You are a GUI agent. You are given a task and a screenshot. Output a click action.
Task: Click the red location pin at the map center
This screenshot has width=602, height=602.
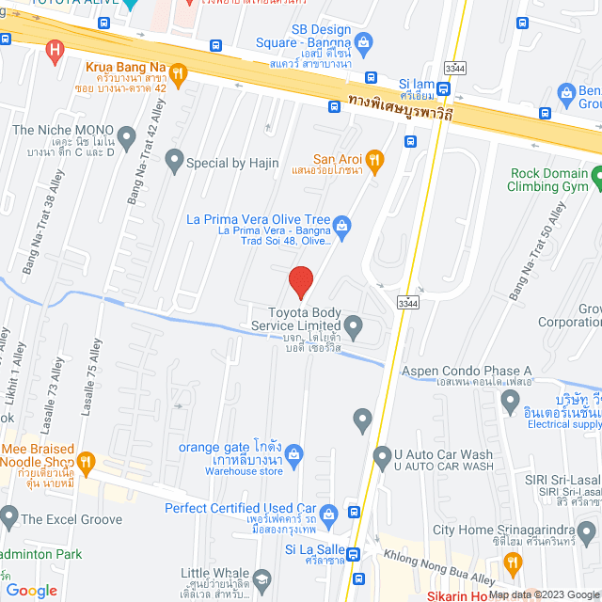pos(300,282)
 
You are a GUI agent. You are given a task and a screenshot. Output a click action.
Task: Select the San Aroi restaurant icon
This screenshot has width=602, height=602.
pos(373,159)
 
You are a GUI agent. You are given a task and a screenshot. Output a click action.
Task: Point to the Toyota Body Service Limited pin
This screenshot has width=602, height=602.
pos(354,327)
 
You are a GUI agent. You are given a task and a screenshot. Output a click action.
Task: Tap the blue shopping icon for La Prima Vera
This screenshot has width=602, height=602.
pos(342,224)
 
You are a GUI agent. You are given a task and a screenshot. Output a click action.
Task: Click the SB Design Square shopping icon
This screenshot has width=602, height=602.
pos(363,41)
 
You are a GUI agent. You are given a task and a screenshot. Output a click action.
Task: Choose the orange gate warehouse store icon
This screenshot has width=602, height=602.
pos(293,453)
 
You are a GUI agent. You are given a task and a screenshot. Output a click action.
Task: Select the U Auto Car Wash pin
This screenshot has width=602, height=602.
pos(381,458)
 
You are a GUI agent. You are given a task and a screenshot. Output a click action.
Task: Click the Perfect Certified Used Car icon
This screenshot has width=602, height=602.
pos(328,514)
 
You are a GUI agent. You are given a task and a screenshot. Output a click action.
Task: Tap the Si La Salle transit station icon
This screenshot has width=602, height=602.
pos(353,554)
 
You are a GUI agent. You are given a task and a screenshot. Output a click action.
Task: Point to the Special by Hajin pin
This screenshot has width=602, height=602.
pos(173,162)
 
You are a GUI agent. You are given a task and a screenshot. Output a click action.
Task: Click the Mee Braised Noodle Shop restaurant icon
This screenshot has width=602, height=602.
pos(87,461)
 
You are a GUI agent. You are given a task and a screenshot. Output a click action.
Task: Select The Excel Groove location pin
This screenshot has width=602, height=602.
pos(8,516)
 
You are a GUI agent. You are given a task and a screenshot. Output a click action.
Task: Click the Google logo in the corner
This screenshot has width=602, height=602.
pos(31,591)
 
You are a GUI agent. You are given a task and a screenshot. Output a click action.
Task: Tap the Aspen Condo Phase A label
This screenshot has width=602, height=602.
pos(467,371)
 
